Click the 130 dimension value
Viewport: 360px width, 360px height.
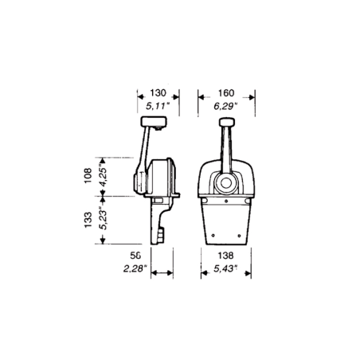[x=158, y=93]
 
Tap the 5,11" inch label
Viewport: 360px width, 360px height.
[x=158, y=107]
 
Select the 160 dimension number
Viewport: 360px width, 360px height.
[x=226, y=93]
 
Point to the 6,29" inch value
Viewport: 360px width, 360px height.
[x=225, y=107]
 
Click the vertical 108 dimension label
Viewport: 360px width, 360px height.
[x=88, y=175]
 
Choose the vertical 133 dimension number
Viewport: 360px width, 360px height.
[x=88, y=220]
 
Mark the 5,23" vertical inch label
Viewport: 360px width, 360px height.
[x=103, y=218]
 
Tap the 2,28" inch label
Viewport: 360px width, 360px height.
[x=135, y=268]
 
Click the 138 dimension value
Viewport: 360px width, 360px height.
[x=225, y=256]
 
